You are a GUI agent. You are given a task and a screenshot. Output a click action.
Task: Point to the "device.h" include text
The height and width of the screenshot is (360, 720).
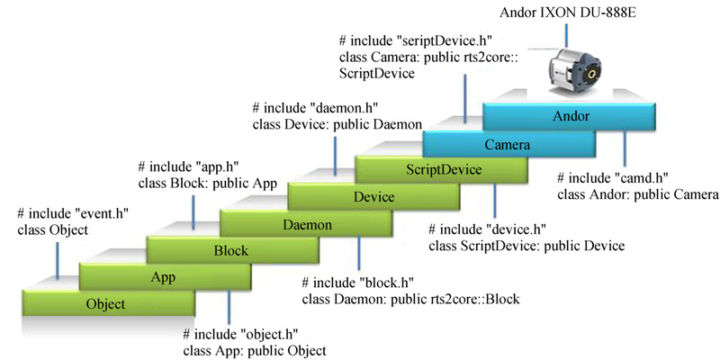(496, 229)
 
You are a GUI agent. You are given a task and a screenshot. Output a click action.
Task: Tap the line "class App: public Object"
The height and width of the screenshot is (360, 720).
(254, 349)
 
